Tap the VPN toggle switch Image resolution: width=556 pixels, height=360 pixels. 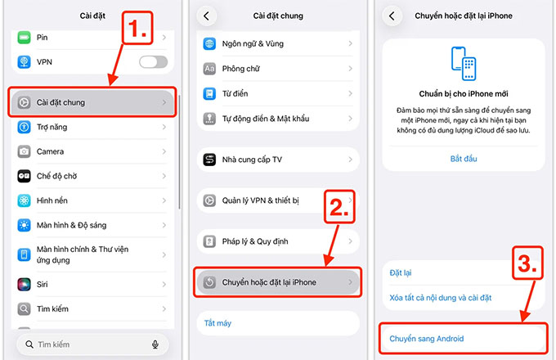coord(153,61)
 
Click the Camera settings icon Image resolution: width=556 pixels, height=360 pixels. coord(23,151)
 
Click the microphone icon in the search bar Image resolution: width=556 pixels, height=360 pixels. coord(155,344)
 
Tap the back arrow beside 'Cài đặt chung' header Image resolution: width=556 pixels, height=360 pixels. coord(206,16)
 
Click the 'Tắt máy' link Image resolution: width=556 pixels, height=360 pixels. coord(217,323)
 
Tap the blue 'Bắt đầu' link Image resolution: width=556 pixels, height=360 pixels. coord(464,158)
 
